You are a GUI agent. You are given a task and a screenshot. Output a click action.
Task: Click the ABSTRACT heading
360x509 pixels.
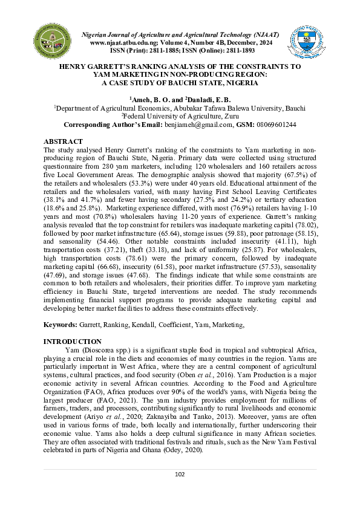[x=64, y=140]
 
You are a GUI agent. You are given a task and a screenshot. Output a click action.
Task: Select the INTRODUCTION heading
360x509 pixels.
[x=73, y=342]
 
